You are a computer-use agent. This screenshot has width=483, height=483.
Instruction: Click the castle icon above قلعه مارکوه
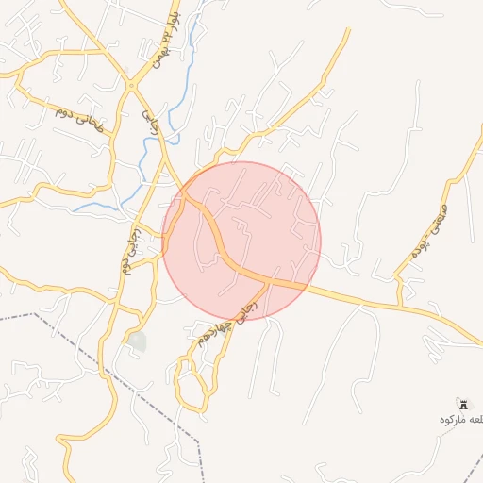click(460, 403)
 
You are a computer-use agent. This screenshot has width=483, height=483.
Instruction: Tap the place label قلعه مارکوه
click(460, 418)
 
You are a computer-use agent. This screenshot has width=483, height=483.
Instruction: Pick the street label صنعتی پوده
click(430, 230)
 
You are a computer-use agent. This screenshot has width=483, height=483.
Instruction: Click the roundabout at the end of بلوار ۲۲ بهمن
click(131, 86)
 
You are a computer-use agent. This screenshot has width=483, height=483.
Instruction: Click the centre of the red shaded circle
click(241, 241)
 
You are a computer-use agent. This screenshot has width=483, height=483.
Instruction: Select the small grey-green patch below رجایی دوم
click(138, 341)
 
